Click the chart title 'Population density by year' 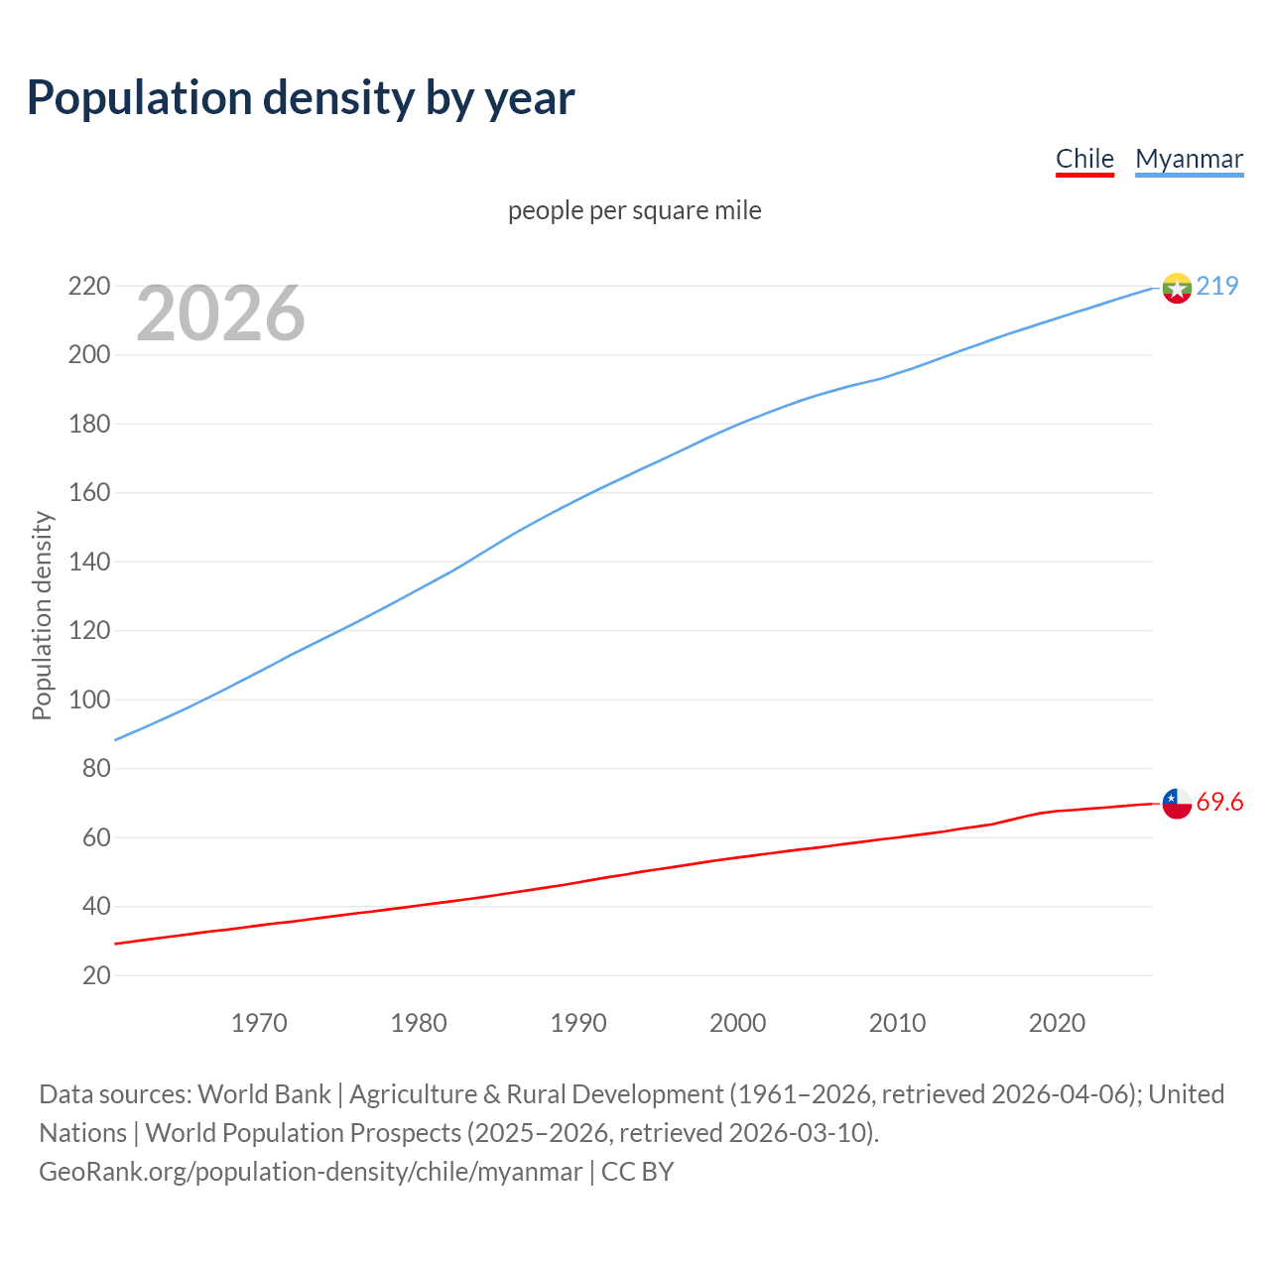click(301, 97)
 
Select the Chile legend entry click(1084, 159)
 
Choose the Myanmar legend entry click(1189, 159)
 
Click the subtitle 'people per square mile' click(634, 210)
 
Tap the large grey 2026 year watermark click(220, 314)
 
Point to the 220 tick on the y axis click(88, 286)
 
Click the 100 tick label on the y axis click(88, 699)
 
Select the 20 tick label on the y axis click(96, 975)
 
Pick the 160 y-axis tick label click(88, 493)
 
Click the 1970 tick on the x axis click(259, 1023)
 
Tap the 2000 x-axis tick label click(737, 1023)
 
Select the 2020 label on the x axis click(1057, 1023)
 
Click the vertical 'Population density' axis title click(42, 615)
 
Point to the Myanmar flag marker click(1177, 288)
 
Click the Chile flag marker click(1177, 804)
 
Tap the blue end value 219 click(1217, 286)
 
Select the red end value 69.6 click(1219, 802)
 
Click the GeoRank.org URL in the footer click(311, 1172)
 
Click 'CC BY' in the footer click(637, 1172)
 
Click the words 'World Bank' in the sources click(264, 1094)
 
